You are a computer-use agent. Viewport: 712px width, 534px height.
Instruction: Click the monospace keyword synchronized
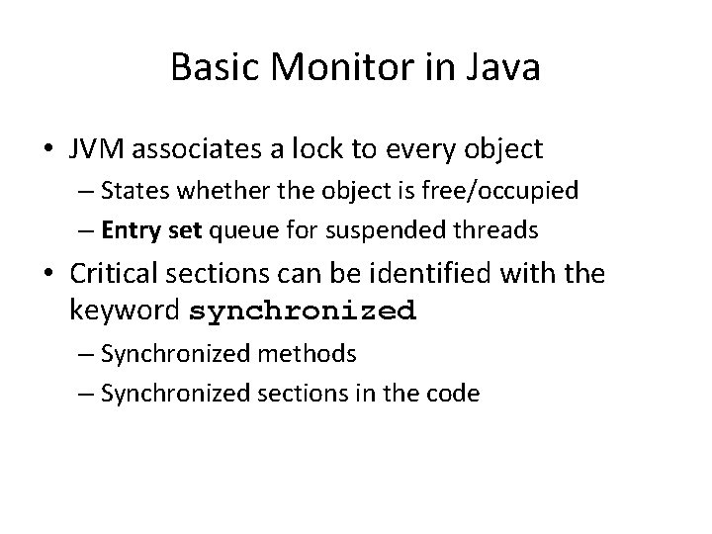click(303, 311)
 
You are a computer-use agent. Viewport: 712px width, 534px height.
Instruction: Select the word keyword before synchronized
click(126, 311)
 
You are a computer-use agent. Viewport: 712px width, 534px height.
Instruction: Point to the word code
click(451, 393)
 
